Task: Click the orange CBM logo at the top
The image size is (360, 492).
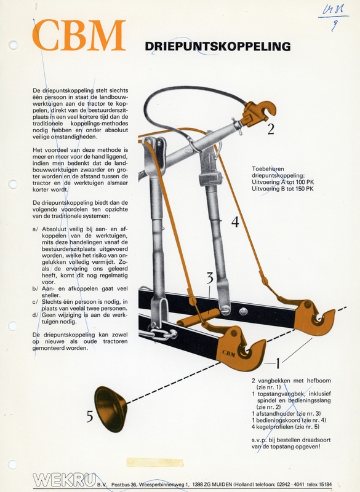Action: (x=79, y=35)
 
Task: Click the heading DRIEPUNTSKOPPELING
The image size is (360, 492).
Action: (x=217, y=47)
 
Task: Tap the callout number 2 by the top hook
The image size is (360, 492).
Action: (x=271, y=129)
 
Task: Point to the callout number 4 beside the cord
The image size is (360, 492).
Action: (x=235, y=222)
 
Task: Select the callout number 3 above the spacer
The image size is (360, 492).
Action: (x=210, y=278)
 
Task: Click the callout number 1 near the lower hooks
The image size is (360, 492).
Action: (x=278, y=363)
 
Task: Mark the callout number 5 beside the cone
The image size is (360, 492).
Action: (x=90, y=416)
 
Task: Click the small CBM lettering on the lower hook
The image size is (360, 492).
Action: (x=229, y=353)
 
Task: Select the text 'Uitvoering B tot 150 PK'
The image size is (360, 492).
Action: (x=282, y=189)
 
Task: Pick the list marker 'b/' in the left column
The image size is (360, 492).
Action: (x=35, y=288)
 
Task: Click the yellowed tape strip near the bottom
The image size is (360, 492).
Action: (x=154, y=462)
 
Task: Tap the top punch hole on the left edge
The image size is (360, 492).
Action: (x=13, y=45)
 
